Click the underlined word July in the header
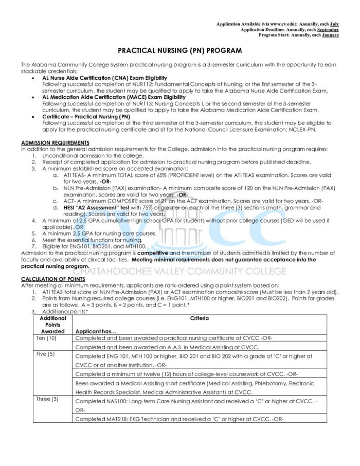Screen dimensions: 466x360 [334, 24]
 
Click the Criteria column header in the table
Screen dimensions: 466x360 [199, 318]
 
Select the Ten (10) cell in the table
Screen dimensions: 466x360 [47, 338]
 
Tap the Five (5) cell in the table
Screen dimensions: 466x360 [46, 355]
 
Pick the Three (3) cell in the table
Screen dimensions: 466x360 [47, 399]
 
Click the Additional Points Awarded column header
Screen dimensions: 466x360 [53, 325]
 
